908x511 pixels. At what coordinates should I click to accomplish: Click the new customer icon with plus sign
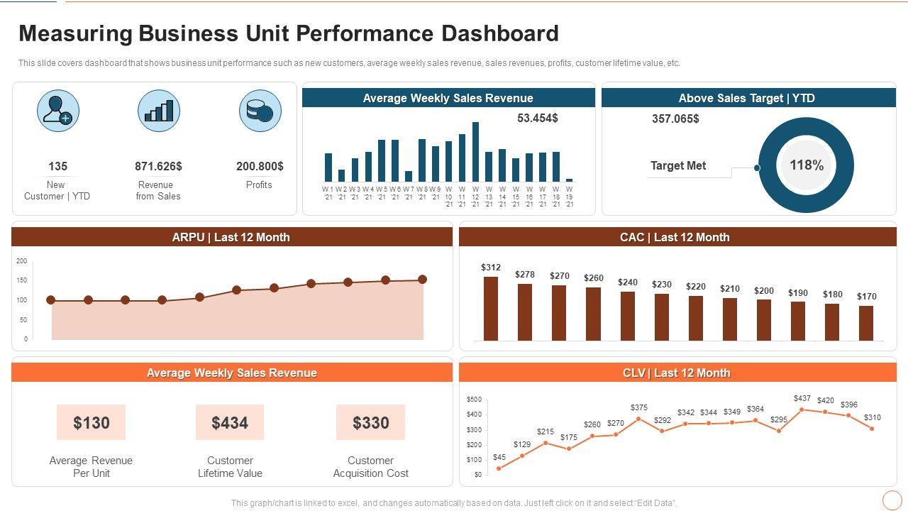[58, 111]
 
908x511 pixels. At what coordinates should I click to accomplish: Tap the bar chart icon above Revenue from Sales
[159, 111]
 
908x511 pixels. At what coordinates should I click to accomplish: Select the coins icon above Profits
[260, 111]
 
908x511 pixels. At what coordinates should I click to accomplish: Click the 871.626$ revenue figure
[158, 166]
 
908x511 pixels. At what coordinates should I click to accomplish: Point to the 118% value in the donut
[807, 165]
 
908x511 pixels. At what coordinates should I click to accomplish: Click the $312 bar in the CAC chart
[491, 308]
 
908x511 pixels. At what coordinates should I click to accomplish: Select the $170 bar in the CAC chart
[866, 323]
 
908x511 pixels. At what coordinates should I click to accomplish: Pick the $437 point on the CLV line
[802, 410]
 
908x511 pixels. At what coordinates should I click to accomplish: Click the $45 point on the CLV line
[499, 468]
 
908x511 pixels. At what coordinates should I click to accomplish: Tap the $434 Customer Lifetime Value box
[230, 423]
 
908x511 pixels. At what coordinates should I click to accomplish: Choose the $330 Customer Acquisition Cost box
[370, 423]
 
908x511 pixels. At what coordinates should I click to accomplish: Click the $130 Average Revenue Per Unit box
[92, 423]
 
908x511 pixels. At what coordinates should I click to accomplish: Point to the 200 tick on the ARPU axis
[21, 261]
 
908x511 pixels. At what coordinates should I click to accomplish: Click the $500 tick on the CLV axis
[474, 400]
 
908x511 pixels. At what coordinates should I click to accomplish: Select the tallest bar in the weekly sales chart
[475, 152]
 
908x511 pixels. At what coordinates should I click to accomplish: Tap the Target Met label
[678, 166]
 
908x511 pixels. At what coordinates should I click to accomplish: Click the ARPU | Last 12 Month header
[231, 237]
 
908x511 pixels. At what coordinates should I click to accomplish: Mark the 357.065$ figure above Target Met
[675, 119]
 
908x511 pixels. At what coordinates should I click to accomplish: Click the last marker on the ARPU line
[423, 280]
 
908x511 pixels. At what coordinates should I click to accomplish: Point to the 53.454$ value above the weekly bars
[538, 118]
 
